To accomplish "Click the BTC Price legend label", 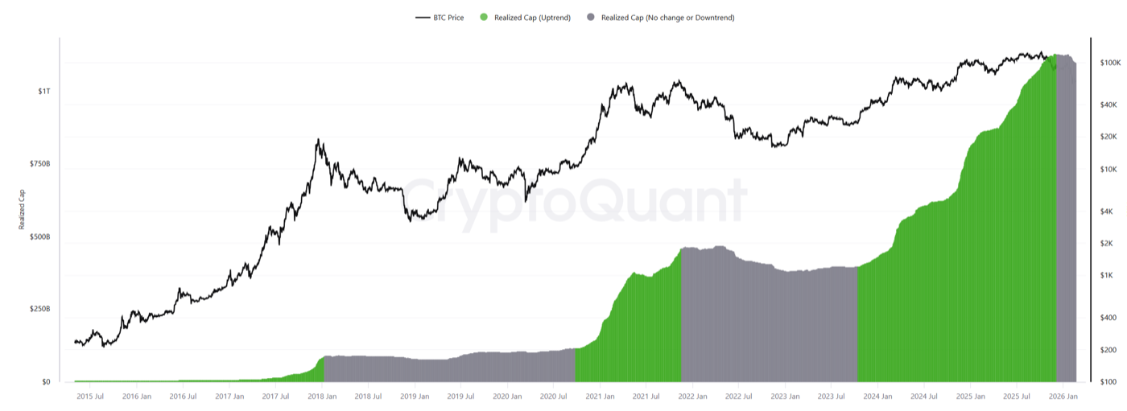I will pos(448,17).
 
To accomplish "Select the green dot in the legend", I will pos(483,17).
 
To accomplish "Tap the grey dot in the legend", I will pos(591,17).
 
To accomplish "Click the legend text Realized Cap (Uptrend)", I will pos(532,17).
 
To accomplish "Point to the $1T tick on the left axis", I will pos(43,91).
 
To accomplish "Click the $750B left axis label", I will pos(39,164).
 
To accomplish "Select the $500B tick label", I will pos(39,236).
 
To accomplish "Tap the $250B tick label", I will pos(39,309).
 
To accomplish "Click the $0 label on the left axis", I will pos(45,382).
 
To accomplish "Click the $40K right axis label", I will pos(1108,105).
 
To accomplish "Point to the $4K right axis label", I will pos(1107,211).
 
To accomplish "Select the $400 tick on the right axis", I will pos(1107,317).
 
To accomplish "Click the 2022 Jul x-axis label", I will pos(738,397).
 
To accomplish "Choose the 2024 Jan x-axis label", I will pos(877,397).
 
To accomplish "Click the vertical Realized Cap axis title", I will pos(22,209).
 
